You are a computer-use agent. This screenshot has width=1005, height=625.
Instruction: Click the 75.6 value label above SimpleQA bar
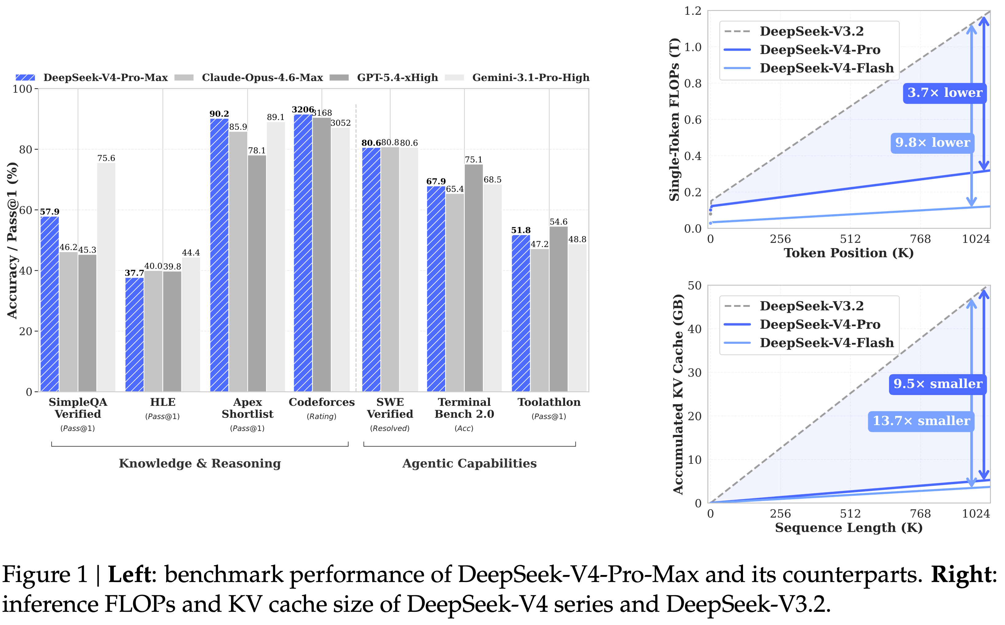pyautogui.click(x=106, y=158)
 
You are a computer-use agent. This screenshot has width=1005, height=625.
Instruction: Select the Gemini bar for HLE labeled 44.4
pyautogui.click(x=191, y=324)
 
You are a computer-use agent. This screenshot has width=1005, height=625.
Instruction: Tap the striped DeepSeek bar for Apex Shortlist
pyautogui.click(x=219, y=255)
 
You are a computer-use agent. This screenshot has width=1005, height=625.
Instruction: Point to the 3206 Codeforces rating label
pyautogui.click(x=303, y=110)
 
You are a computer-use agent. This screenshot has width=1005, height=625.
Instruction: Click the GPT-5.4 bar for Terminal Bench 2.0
pyautogui.click(x=473, y=278)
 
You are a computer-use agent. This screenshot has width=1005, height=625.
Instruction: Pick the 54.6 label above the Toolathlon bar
pyautogui.click(x=558, y=222)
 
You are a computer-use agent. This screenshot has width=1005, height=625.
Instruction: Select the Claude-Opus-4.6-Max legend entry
pyautogui.click(x=262, y=78)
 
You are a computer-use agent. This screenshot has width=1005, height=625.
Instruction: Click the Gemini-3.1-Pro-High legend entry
pyautogui.click(x=530, y=78)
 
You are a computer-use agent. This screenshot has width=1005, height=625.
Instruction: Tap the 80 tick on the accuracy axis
pyautogui.click(x=25, y=149)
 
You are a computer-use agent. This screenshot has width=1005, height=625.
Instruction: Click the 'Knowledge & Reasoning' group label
pyautogui.click(x=200, y=463)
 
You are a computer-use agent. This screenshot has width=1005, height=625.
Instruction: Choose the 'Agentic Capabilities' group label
pyautogui.click(x=469, y=463)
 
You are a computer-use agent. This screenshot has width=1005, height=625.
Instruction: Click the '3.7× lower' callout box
pyautogui.click(x=944, y=93)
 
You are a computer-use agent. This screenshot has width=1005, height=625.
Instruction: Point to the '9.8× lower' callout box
pyautogui.click(x=932, y=143)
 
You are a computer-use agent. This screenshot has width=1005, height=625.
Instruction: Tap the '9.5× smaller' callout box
pyautogui.click(x=938, y=384)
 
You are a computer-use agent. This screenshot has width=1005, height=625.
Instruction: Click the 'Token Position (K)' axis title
pyautogui.click(x=849, y=253)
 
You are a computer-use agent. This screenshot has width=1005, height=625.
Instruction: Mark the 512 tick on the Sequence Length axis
pyautogui.click(x=850, y=514)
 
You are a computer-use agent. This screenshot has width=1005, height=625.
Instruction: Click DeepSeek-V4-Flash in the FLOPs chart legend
pyautogui.click(x=826, y=68)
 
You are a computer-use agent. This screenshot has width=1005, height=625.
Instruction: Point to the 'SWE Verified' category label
pyautogui.click(x=390, y=408)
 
